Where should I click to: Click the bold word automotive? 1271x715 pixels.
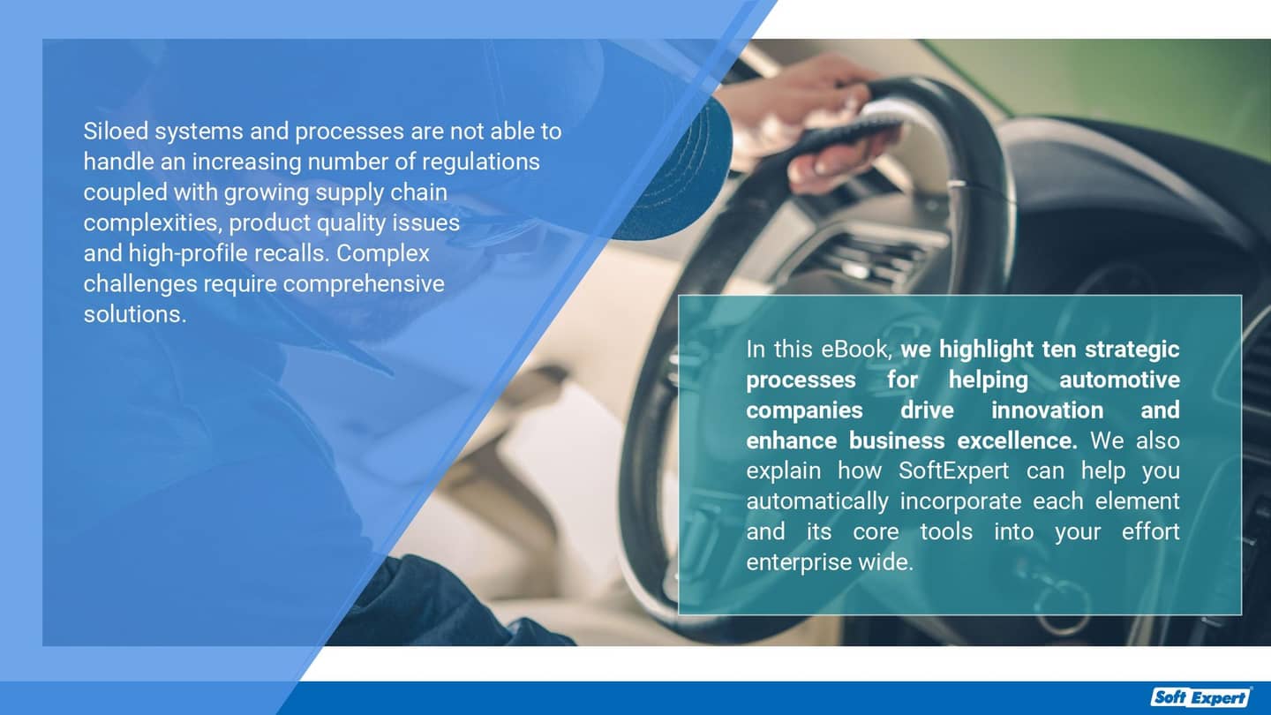(x=1119, y=380)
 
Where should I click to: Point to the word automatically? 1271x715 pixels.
(x=816, y=501)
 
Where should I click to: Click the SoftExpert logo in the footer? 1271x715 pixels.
(x=1202, y=697)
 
